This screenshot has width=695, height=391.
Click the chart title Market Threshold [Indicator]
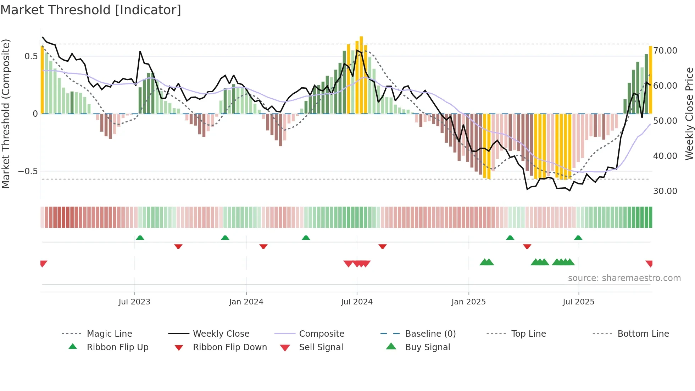91,10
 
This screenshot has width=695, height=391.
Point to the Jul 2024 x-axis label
357,302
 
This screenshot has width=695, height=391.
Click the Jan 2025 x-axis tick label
468,302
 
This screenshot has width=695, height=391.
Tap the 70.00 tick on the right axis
665,51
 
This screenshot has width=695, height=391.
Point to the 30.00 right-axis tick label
665,191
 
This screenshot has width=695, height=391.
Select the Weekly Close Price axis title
689,114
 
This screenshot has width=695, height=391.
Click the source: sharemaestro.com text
624,278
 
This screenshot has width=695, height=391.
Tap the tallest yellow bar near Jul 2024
361,75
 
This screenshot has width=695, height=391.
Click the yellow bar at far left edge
42,80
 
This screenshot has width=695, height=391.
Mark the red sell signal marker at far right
649,263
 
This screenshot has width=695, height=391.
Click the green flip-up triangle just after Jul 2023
140,237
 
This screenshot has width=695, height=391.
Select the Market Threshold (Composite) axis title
6,114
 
